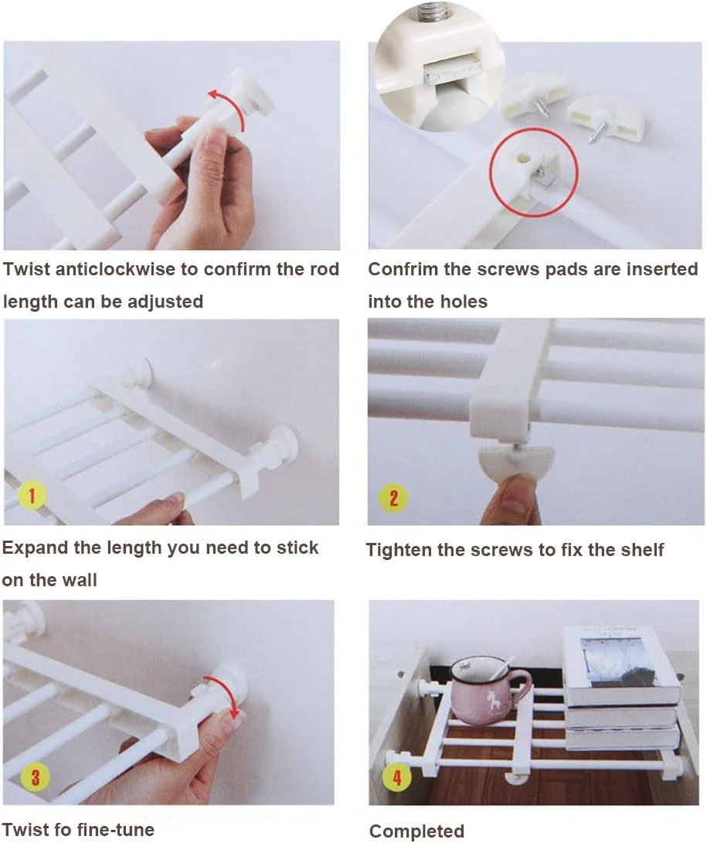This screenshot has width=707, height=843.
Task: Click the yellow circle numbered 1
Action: point(32,496)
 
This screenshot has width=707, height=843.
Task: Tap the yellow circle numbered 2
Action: point(393,498)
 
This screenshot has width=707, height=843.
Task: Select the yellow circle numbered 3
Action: point(35,776)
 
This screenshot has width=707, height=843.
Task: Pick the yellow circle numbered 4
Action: point(396,777)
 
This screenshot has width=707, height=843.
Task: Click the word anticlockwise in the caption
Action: point(116,269)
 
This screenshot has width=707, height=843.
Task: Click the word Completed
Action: point(417,831)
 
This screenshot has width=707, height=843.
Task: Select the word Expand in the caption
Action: point(36,548)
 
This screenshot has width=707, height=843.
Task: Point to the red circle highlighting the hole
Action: point(533,172)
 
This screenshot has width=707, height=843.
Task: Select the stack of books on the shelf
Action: point(621,688)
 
